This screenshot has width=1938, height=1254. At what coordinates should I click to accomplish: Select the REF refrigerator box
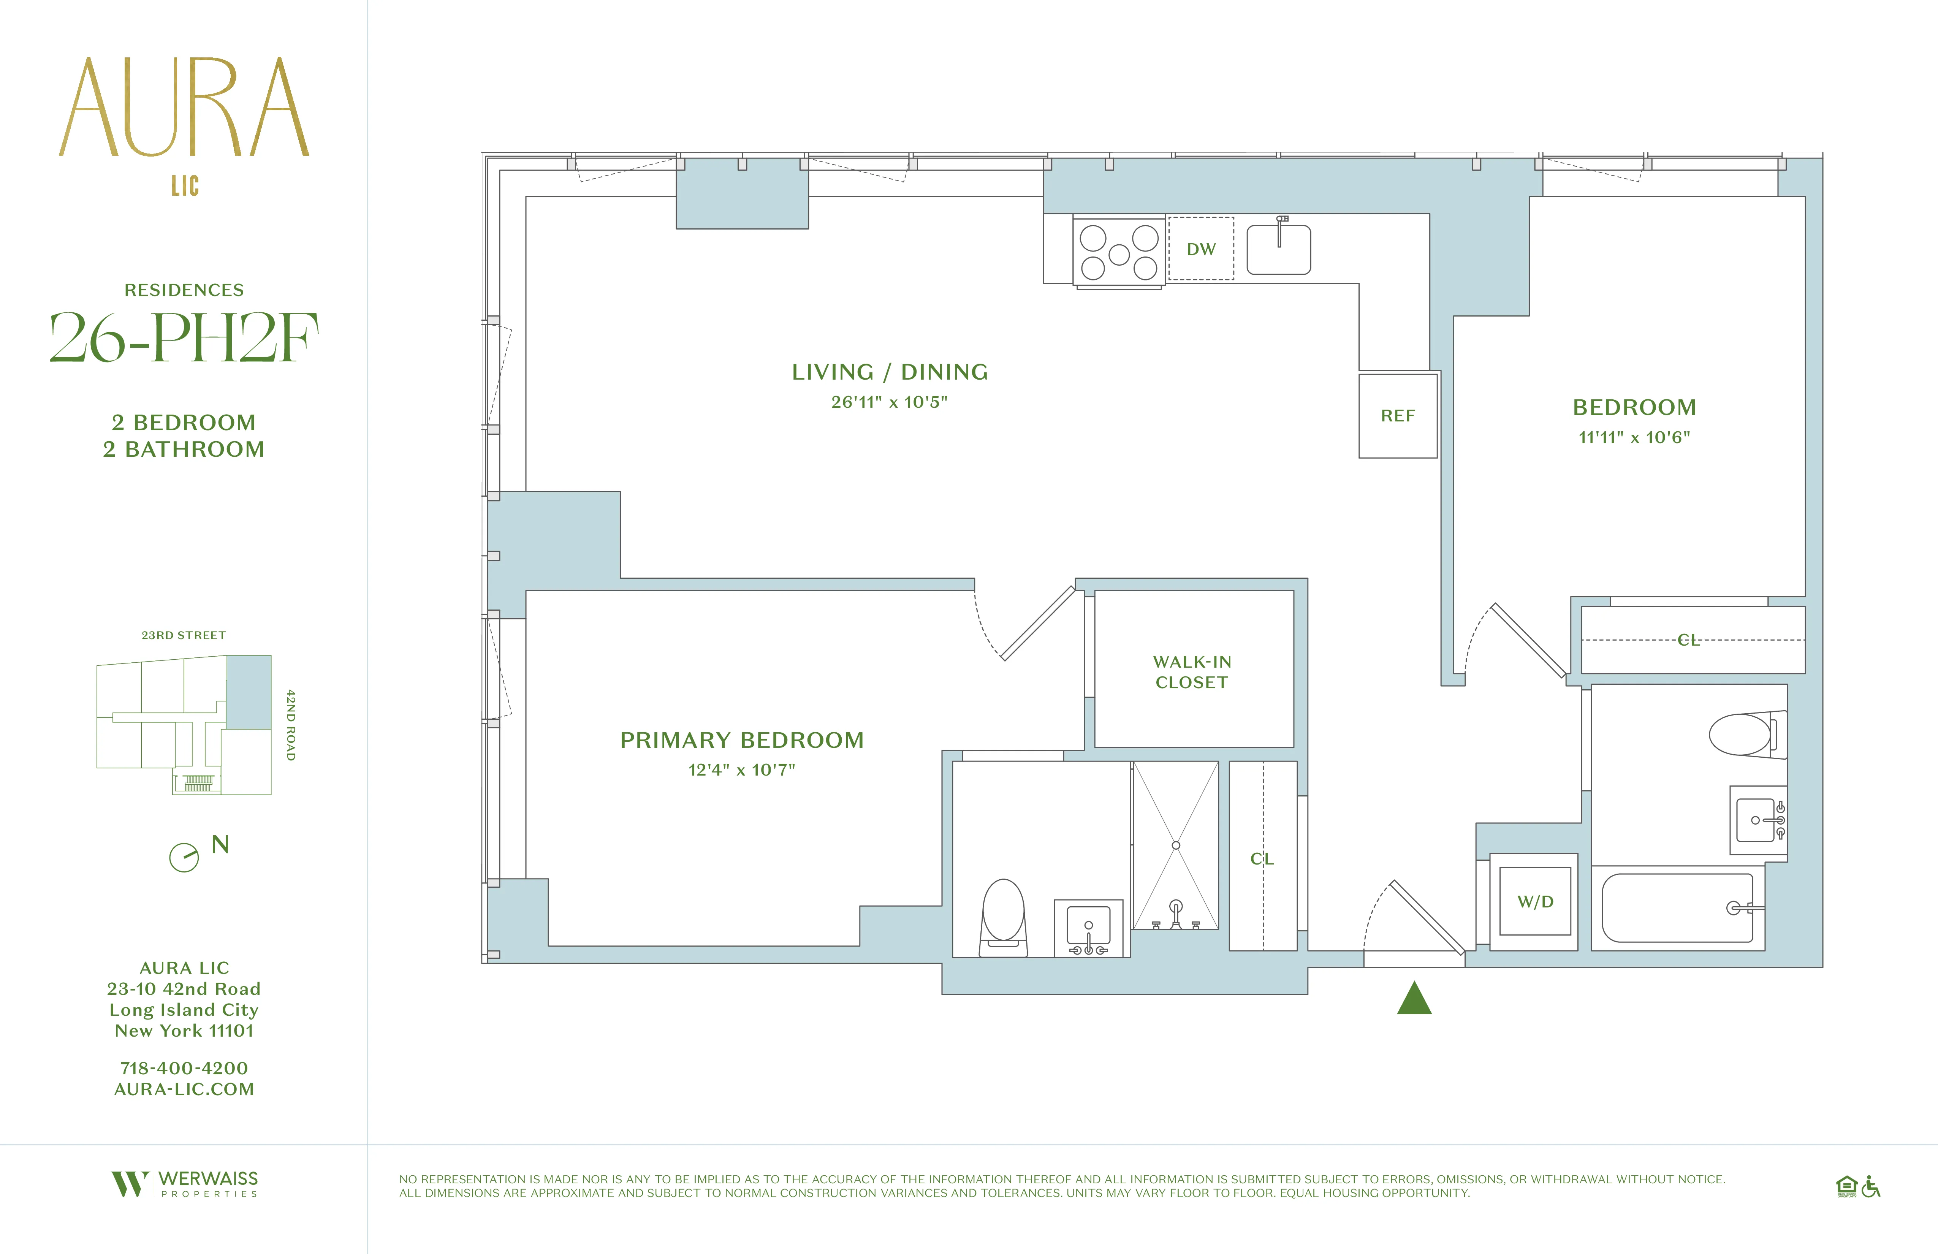coord(1397,416)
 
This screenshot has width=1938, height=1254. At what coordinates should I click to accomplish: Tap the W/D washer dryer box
coord(1535,901)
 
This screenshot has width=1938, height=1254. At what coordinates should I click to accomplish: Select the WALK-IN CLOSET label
coord(1192,672)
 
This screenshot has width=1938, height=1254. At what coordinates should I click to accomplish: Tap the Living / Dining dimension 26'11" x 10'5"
coord(889,402)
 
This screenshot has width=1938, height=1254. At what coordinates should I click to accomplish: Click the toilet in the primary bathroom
coord(1003,916)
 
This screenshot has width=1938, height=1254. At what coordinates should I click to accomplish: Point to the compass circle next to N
coord(184,857)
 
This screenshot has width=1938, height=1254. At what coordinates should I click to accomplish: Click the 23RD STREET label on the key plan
coord(184,635)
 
